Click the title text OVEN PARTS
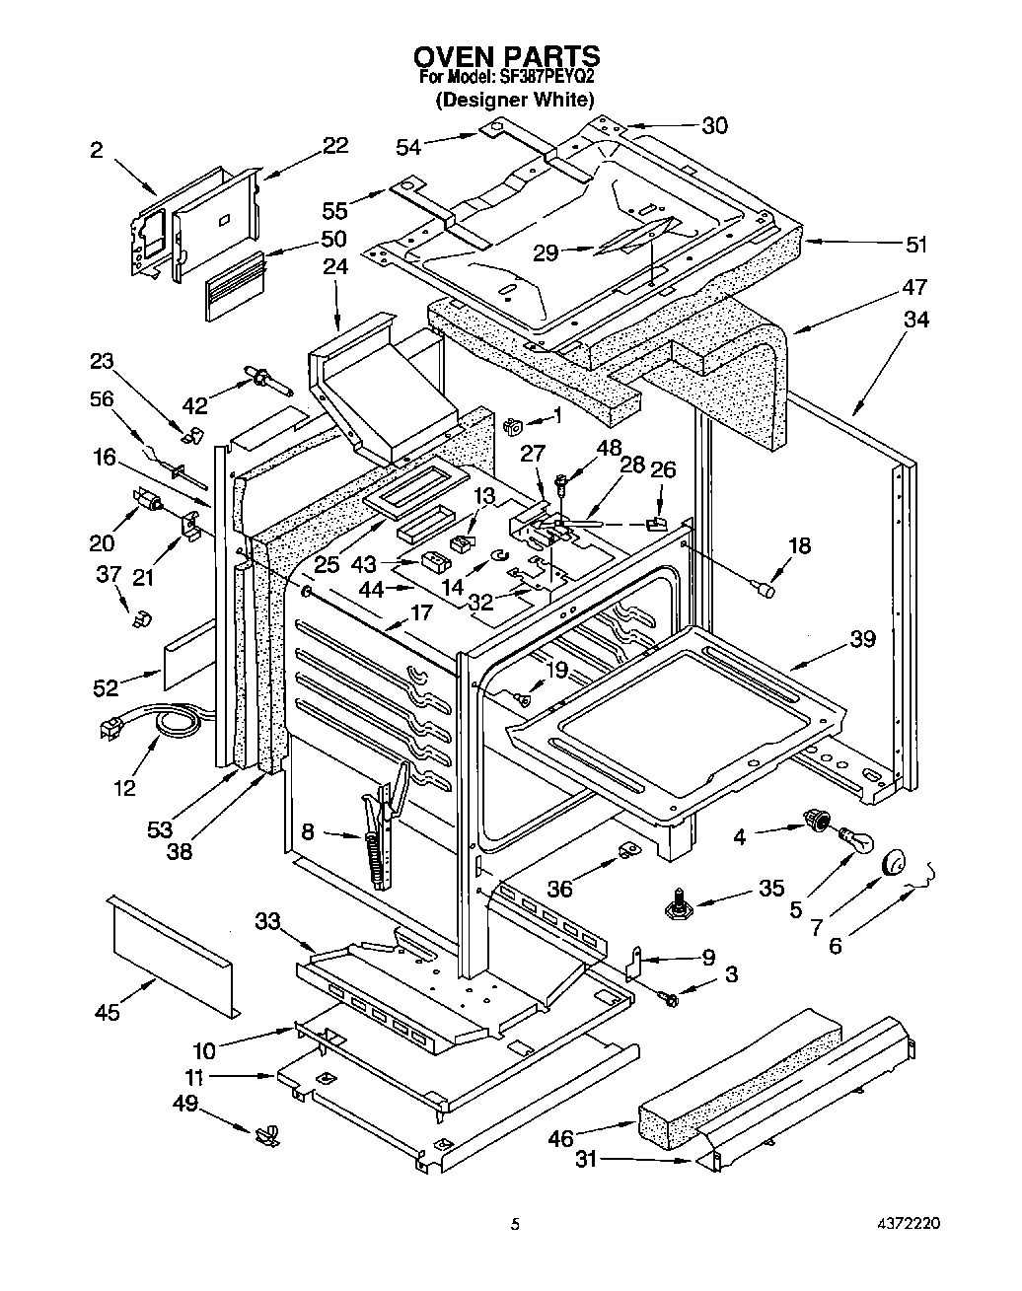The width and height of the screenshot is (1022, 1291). [506, 55]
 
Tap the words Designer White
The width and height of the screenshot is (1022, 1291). [515, 99]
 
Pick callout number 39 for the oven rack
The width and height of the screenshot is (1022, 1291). [862, 639]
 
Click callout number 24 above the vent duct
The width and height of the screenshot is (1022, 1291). [335, 267]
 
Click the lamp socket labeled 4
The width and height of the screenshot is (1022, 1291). [815, 818]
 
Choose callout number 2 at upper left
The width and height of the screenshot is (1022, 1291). [96, 150]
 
